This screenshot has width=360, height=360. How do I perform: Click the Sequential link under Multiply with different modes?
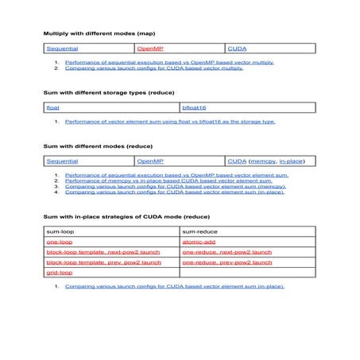point(62,48)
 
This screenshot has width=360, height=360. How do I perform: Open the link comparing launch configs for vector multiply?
point(153,68)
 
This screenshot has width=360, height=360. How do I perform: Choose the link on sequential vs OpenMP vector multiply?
point(169,61)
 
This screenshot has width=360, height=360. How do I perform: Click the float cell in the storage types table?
point(52,106)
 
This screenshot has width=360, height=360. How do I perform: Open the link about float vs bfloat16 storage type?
point(170,122)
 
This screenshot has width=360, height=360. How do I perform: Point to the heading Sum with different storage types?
point(101,92)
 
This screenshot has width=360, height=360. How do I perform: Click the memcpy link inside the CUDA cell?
point(263,161)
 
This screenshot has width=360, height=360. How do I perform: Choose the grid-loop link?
point(60,272)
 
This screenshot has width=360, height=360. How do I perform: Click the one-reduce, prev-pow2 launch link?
point(226,261)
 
